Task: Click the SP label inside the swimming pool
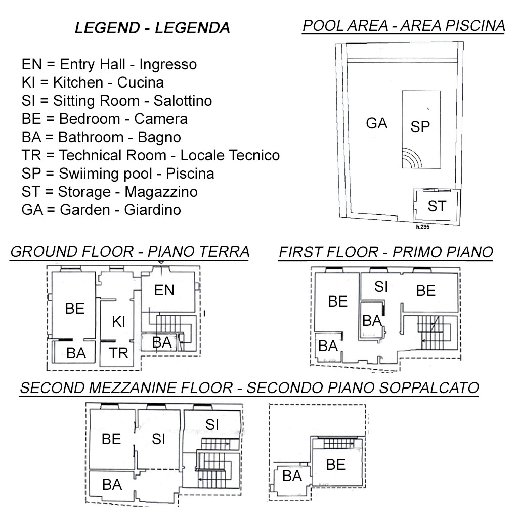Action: coord(420,126)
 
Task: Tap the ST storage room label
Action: coord(437,206)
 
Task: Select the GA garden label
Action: coord(376,123)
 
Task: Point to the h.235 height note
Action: coord(423,228)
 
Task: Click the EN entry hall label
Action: coord(164,290)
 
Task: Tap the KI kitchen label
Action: coord(118,321)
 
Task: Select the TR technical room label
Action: coord(119,353)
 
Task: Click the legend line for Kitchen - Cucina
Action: coord(93,82)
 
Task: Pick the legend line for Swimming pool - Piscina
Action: coord(118,174)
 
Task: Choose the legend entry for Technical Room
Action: coord(150,155)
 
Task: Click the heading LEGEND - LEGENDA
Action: coord(152,28)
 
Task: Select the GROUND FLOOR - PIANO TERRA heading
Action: coord(129,252)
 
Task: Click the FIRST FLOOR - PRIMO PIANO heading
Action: coord(385,252)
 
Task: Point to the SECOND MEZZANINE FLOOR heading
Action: coord(249,388)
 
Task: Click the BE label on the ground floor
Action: coord(75,308)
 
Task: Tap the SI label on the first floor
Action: coord(381,287)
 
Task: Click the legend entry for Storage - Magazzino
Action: coord(109,192)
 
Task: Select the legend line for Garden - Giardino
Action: coord(101,210)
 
